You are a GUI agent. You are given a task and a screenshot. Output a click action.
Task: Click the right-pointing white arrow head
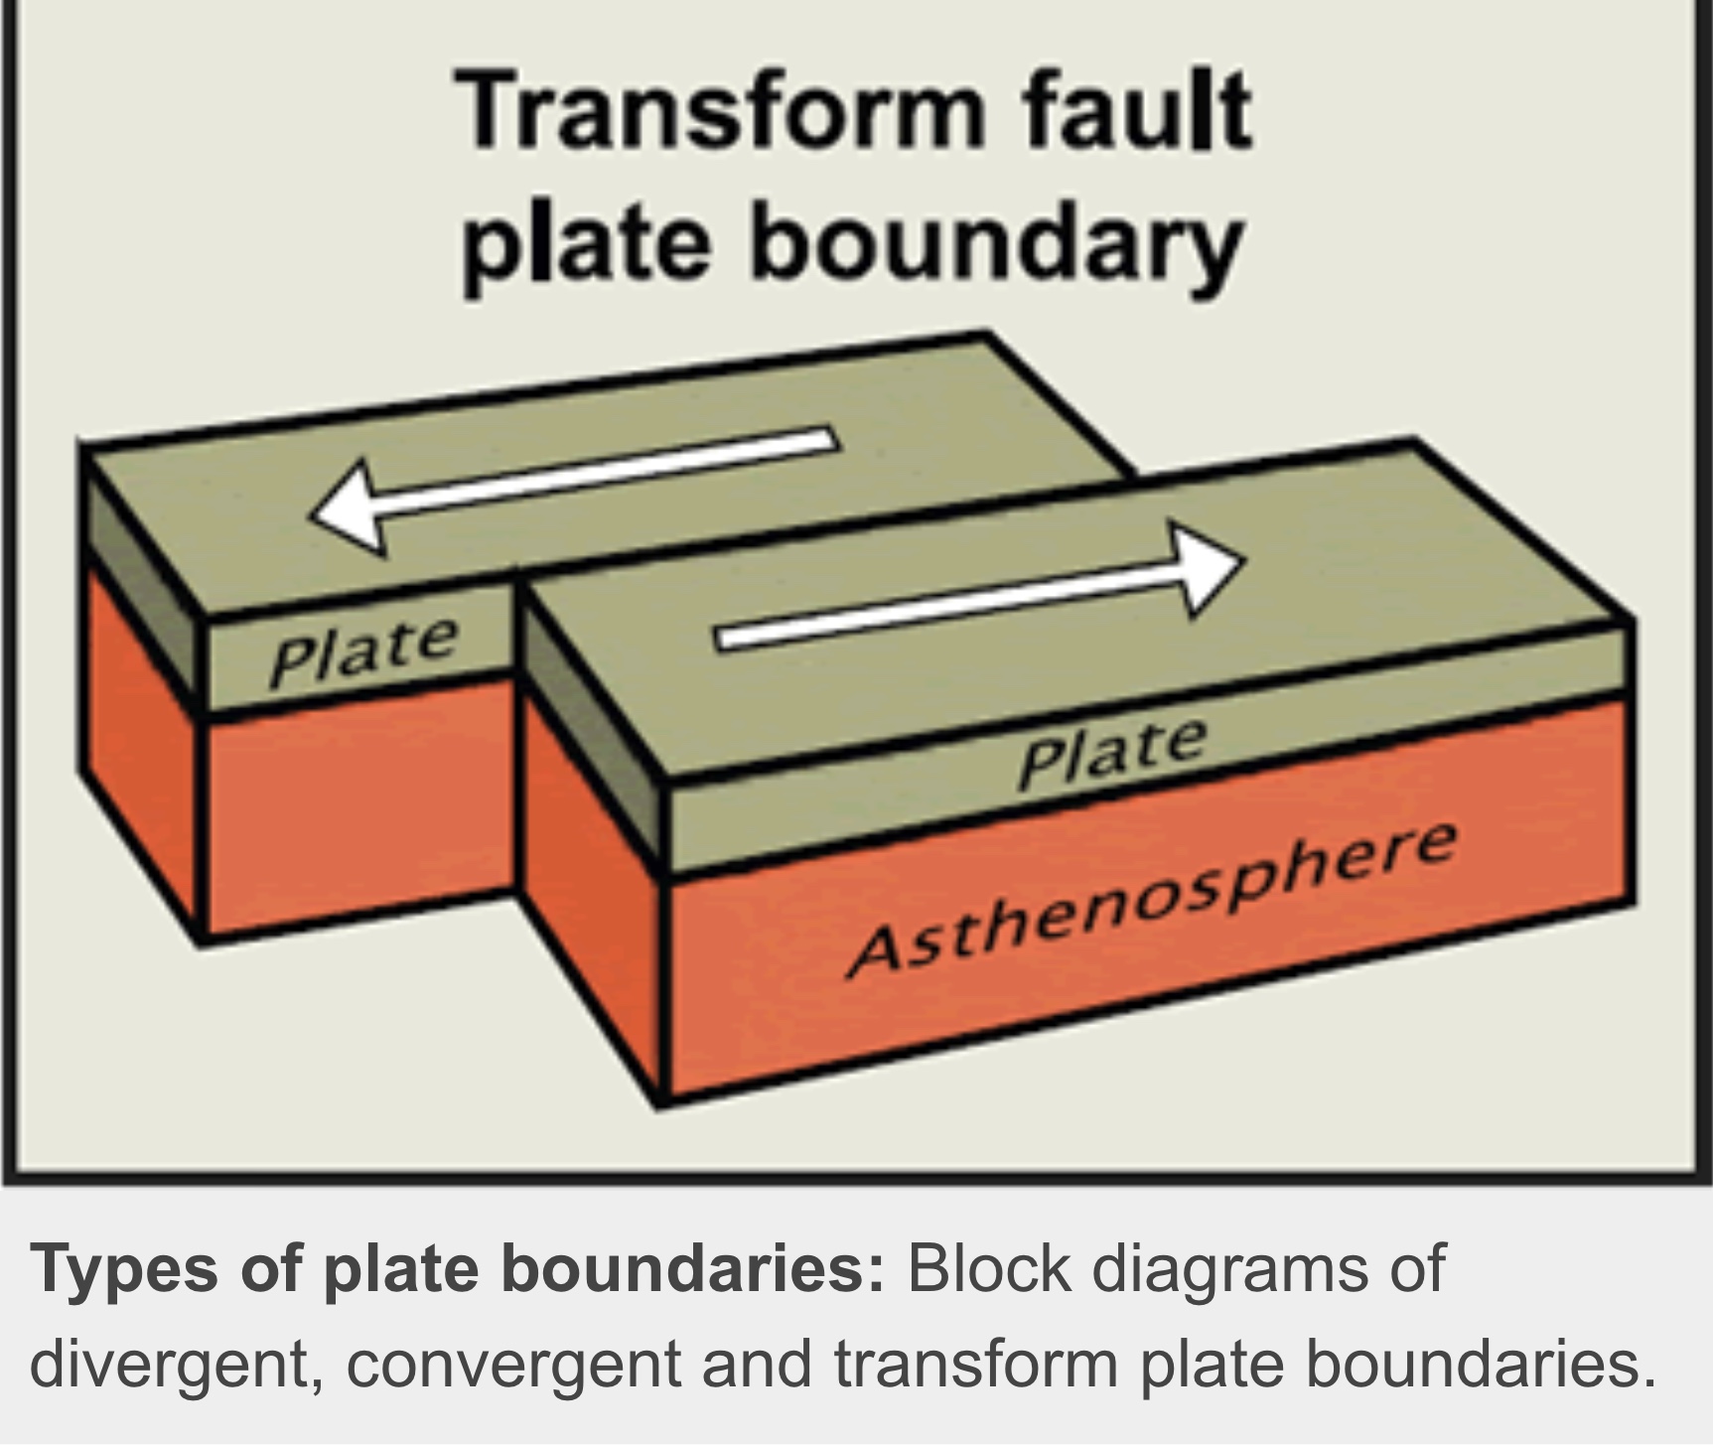[1206, 569]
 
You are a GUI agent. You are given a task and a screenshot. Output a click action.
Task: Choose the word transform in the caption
[973, 1365]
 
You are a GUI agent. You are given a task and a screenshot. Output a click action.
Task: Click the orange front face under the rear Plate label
[357, 804]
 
